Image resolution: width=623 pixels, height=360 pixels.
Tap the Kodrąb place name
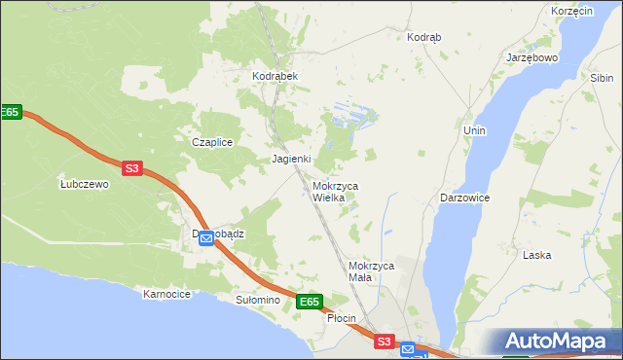[423, 37]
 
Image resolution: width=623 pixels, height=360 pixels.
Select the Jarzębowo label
[531, 58]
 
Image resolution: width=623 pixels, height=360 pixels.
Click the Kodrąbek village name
[274, 76]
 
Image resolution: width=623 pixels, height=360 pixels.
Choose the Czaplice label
[211, 142]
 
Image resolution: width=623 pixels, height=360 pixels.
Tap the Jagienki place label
[291, 159]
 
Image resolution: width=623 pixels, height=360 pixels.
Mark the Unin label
[475, 130]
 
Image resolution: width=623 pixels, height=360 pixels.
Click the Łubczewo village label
[84, 184]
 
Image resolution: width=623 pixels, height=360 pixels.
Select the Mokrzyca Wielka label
[335, 192]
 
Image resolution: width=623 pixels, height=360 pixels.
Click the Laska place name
[536, 255]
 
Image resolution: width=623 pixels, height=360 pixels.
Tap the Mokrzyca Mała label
[371, 271]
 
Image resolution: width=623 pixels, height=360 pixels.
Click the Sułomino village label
[258, 301]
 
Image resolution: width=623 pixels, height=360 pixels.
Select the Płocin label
[341, 319]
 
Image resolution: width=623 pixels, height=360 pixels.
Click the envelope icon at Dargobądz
[206, 238]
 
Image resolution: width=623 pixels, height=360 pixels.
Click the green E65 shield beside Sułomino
[309, 303]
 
